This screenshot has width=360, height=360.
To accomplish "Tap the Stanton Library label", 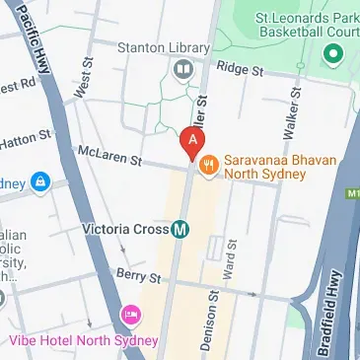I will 177,47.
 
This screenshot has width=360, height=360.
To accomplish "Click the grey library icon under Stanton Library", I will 182,69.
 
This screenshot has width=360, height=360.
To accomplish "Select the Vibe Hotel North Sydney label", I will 83,340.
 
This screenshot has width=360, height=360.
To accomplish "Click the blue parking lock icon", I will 39,182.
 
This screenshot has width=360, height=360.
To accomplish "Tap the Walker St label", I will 291,114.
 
